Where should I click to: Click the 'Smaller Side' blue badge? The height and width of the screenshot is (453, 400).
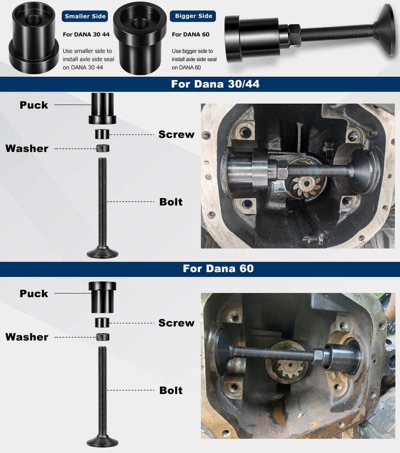coord(85,16)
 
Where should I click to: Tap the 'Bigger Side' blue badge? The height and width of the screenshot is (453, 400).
coord(193,16)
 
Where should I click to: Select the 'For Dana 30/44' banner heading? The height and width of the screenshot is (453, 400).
coord(215,84)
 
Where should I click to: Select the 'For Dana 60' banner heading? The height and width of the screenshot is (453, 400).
coord(218,268)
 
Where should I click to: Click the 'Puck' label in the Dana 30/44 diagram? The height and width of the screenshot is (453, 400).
coord(34,105)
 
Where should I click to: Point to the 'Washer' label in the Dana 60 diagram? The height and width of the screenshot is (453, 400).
coord(27,337)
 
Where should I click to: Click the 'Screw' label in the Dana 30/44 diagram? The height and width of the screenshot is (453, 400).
coord(176,134)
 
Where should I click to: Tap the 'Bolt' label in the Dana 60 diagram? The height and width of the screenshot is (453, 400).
coord(171,390)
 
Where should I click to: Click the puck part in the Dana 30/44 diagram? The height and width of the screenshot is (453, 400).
coord(102,108)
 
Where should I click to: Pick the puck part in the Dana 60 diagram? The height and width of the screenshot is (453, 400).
coord(102,295)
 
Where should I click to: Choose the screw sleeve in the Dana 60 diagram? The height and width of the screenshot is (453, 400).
coord(103,322)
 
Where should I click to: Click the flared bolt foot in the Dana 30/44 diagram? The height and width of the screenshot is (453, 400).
coord(103,252)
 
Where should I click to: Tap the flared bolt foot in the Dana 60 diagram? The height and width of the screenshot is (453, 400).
coord(103,440)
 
